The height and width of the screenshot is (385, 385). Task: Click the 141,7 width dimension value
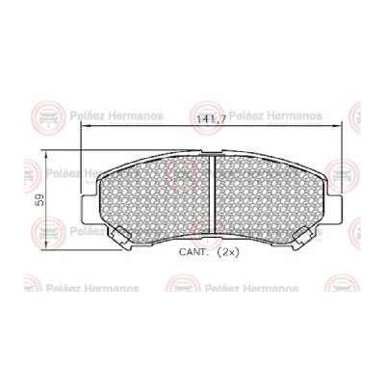[211, 119]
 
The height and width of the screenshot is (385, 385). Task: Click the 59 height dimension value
[41, 200]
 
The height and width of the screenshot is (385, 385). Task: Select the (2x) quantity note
[228, 252]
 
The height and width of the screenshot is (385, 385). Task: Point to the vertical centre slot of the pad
[212, 194]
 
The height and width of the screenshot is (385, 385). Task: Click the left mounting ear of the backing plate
[90, 210]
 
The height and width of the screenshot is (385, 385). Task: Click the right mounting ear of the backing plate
[334, 210]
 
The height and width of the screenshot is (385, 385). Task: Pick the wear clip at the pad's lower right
[303, 239]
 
